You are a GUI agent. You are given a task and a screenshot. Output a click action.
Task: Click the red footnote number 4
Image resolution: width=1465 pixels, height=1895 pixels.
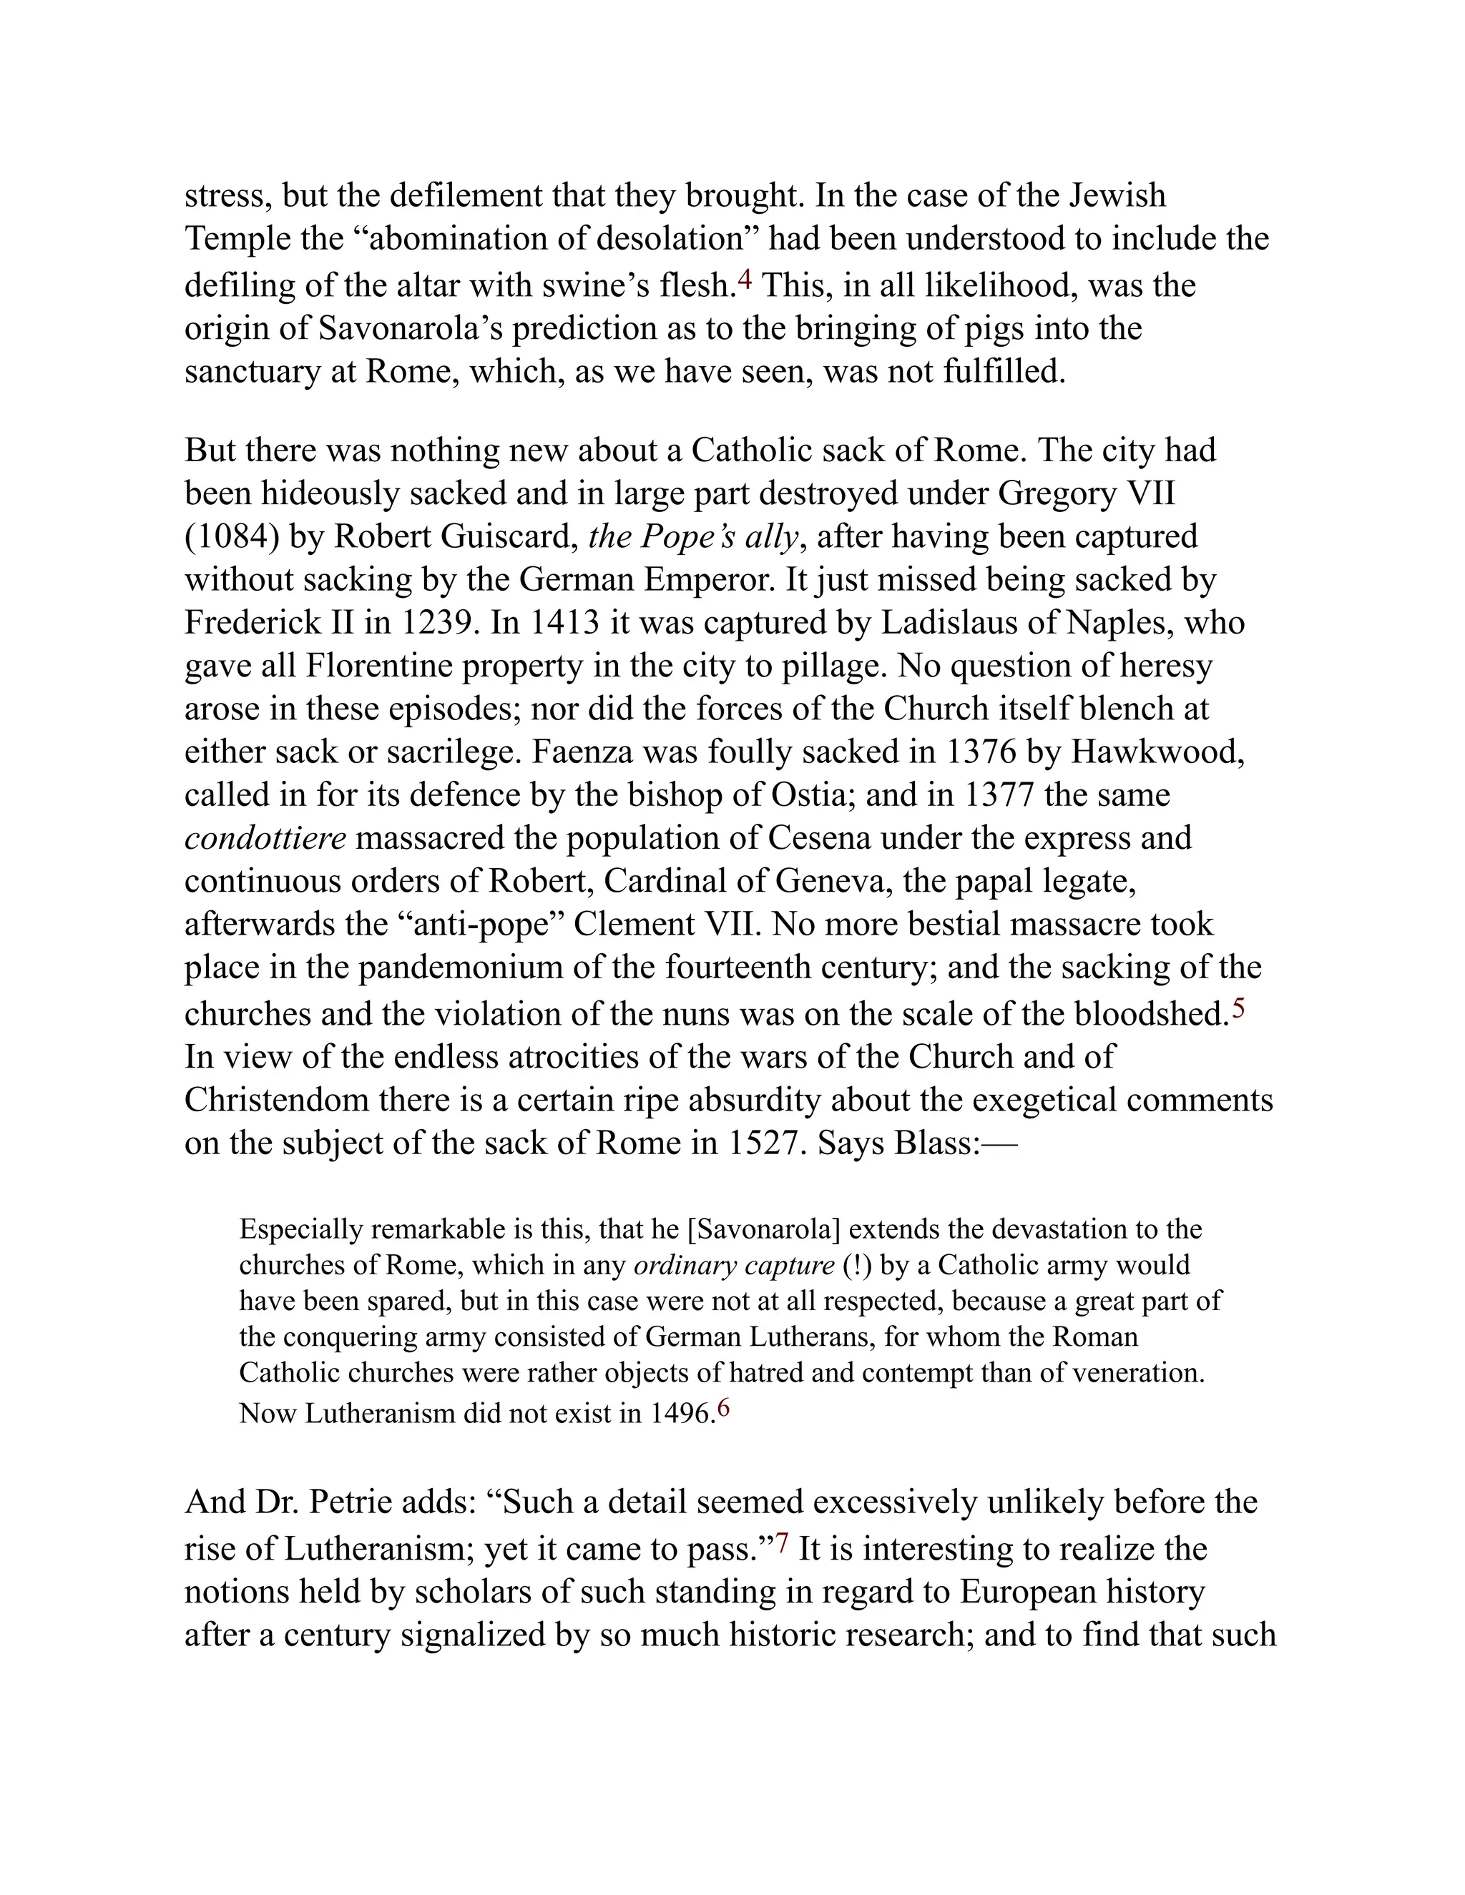click(x=744, y=280)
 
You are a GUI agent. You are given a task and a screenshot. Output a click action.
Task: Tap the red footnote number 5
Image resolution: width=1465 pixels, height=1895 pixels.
click(x=1238, y=1009)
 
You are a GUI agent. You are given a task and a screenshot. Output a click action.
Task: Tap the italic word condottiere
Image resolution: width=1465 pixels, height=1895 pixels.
click(x=265, y=838)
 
